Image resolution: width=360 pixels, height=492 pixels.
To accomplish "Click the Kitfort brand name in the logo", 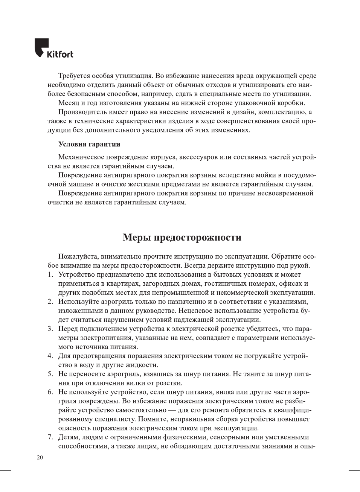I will click(x=60, y=54).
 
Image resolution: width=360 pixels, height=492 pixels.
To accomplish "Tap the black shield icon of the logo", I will click(x=41, y=47).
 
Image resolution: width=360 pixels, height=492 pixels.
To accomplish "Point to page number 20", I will click(x=40, y=457).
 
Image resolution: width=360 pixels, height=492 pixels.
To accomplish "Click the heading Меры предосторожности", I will click(x=182, y=238).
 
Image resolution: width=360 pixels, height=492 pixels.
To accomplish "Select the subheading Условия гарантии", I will click(x=89, y=144).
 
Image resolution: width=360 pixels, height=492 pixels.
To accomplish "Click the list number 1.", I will click(x=50, y=274).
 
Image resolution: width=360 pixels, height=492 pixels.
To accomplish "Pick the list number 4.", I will click(x=50, y=356).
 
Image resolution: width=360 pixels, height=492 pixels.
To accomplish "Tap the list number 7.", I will click(x=50, y=437).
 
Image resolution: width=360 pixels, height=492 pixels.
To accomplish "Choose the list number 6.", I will click(x=50, y=392).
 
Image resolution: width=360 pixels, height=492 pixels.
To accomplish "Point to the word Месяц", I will click(x=68, y=103).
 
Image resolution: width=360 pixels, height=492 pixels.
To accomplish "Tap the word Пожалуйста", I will click(x=78, y=256).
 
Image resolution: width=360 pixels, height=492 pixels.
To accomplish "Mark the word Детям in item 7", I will click(x=69, y=437).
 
